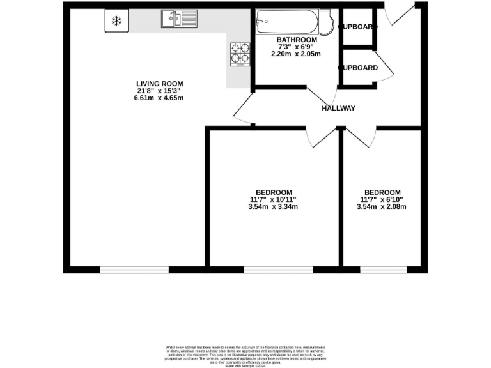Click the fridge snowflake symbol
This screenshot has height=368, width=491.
point(116,20)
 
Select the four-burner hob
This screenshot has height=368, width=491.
point(240,54)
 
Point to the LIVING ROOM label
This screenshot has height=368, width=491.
point(160,83)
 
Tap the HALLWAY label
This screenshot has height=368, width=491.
point(338,108)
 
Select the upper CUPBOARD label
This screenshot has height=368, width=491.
point(357,27)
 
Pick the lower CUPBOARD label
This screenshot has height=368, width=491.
point(357,68)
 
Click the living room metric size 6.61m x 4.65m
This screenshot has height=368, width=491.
point(160,98)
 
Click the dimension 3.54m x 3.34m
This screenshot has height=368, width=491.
point(274,207)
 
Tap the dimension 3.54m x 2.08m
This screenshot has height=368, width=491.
point(382,207)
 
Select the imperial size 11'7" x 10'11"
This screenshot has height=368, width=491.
point(274,200)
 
